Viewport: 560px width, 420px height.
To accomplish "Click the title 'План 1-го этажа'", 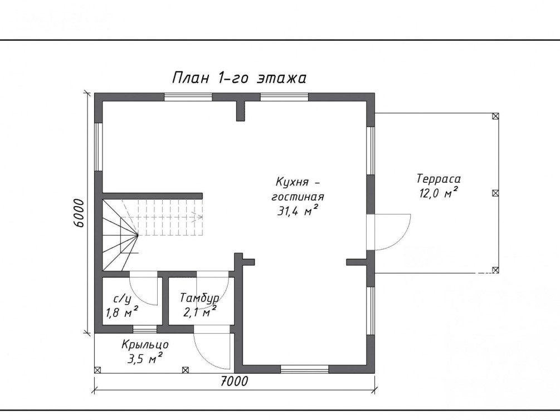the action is [239, 77].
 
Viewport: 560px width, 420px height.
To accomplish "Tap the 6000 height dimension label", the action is [79, 213].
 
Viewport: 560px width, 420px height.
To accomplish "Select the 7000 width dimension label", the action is [234, 382].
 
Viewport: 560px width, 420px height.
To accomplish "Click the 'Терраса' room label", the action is [439, 179].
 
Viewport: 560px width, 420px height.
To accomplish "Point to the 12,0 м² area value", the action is [439, 193].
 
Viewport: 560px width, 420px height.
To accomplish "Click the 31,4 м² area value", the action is [298, 211].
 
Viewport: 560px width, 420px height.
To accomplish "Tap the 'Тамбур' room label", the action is [199, 298].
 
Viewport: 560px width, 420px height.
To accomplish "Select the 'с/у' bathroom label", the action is [121, 298].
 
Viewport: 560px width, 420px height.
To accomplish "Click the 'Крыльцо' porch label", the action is [145, 345].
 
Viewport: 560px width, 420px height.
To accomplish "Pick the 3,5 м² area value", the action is [145, 358].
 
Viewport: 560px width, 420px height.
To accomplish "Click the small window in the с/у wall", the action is [145, 329].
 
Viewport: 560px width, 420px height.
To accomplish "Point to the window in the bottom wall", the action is [304, 369].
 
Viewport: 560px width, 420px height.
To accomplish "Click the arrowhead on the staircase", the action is [197, 217].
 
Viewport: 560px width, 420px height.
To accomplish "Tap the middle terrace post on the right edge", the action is [495, 193].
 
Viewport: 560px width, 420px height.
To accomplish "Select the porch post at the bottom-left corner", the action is [98, 370].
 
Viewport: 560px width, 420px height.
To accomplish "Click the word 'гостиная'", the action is [298, 197].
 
